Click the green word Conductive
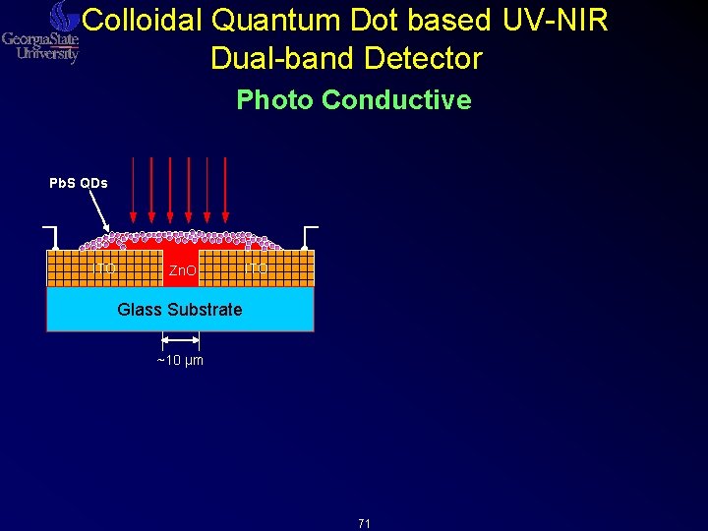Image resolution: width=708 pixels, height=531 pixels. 396,100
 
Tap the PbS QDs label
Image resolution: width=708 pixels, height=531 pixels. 79,183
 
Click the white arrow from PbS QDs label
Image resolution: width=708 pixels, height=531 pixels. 100,210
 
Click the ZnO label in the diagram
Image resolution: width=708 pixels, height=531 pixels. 181,269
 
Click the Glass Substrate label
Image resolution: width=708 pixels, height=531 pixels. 179,310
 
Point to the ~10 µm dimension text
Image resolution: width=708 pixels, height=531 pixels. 180,361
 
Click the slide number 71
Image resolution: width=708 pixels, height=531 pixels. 364,524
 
